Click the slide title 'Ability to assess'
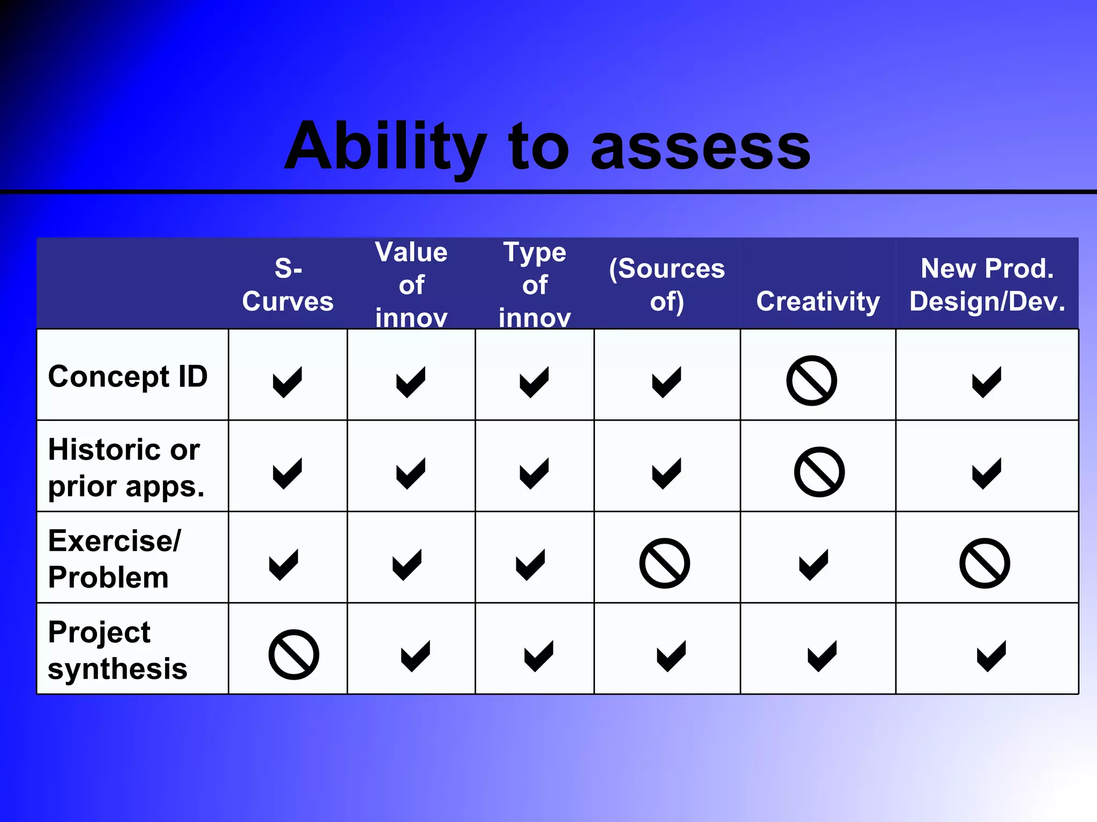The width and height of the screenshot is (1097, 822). pos(547,147)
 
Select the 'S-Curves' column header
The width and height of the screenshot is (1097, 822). pos(288,285)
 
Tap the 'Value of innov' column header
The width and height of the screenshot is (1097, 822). pos(411,285)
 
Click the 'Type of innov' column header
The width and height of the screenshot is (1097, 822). pos(535,285)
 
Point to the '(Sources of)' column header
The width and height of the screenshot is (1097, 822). pos(667,285)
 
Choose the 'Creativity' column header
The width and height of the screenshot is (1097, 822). pos(818,301)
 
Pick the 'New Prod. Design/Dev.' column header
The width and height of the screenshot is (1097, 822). pos(987,285)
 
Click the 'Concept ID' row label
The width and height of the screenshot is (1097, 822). pos(128,376)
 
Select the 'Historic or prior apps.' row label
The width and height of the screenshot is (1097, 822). pos(126,467)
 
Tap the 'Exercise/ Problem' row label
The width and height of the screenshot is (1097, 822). pos(115,559)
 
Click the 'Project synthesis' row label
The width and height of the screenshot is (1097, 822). pos(117,650)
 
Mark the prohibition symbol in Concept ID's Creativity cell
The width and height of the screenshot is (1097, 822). pos(812,380)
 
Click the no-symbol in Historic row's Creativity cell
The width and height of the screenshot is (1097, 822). pos(819,472)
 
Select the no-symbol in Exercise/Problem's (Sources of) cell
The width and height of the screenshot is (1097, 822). pos(664,563)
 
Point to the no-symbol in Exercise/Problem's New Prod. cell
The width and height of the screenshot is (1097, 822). pos(985,563)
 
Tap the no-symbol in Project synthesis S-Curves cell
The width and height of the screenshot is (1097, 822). pos(294,654)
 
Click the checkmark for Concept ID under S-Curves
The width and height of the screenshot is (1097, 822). pos(288,382)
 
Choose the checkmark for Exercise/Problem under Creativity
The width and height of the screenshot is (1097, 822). pos(814,564)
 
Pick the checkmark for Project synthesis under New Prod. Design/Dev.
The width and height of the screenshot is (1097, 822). pos(991,656)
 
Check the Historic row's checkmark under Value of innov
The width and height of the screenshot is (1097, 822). pos(411,473)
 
